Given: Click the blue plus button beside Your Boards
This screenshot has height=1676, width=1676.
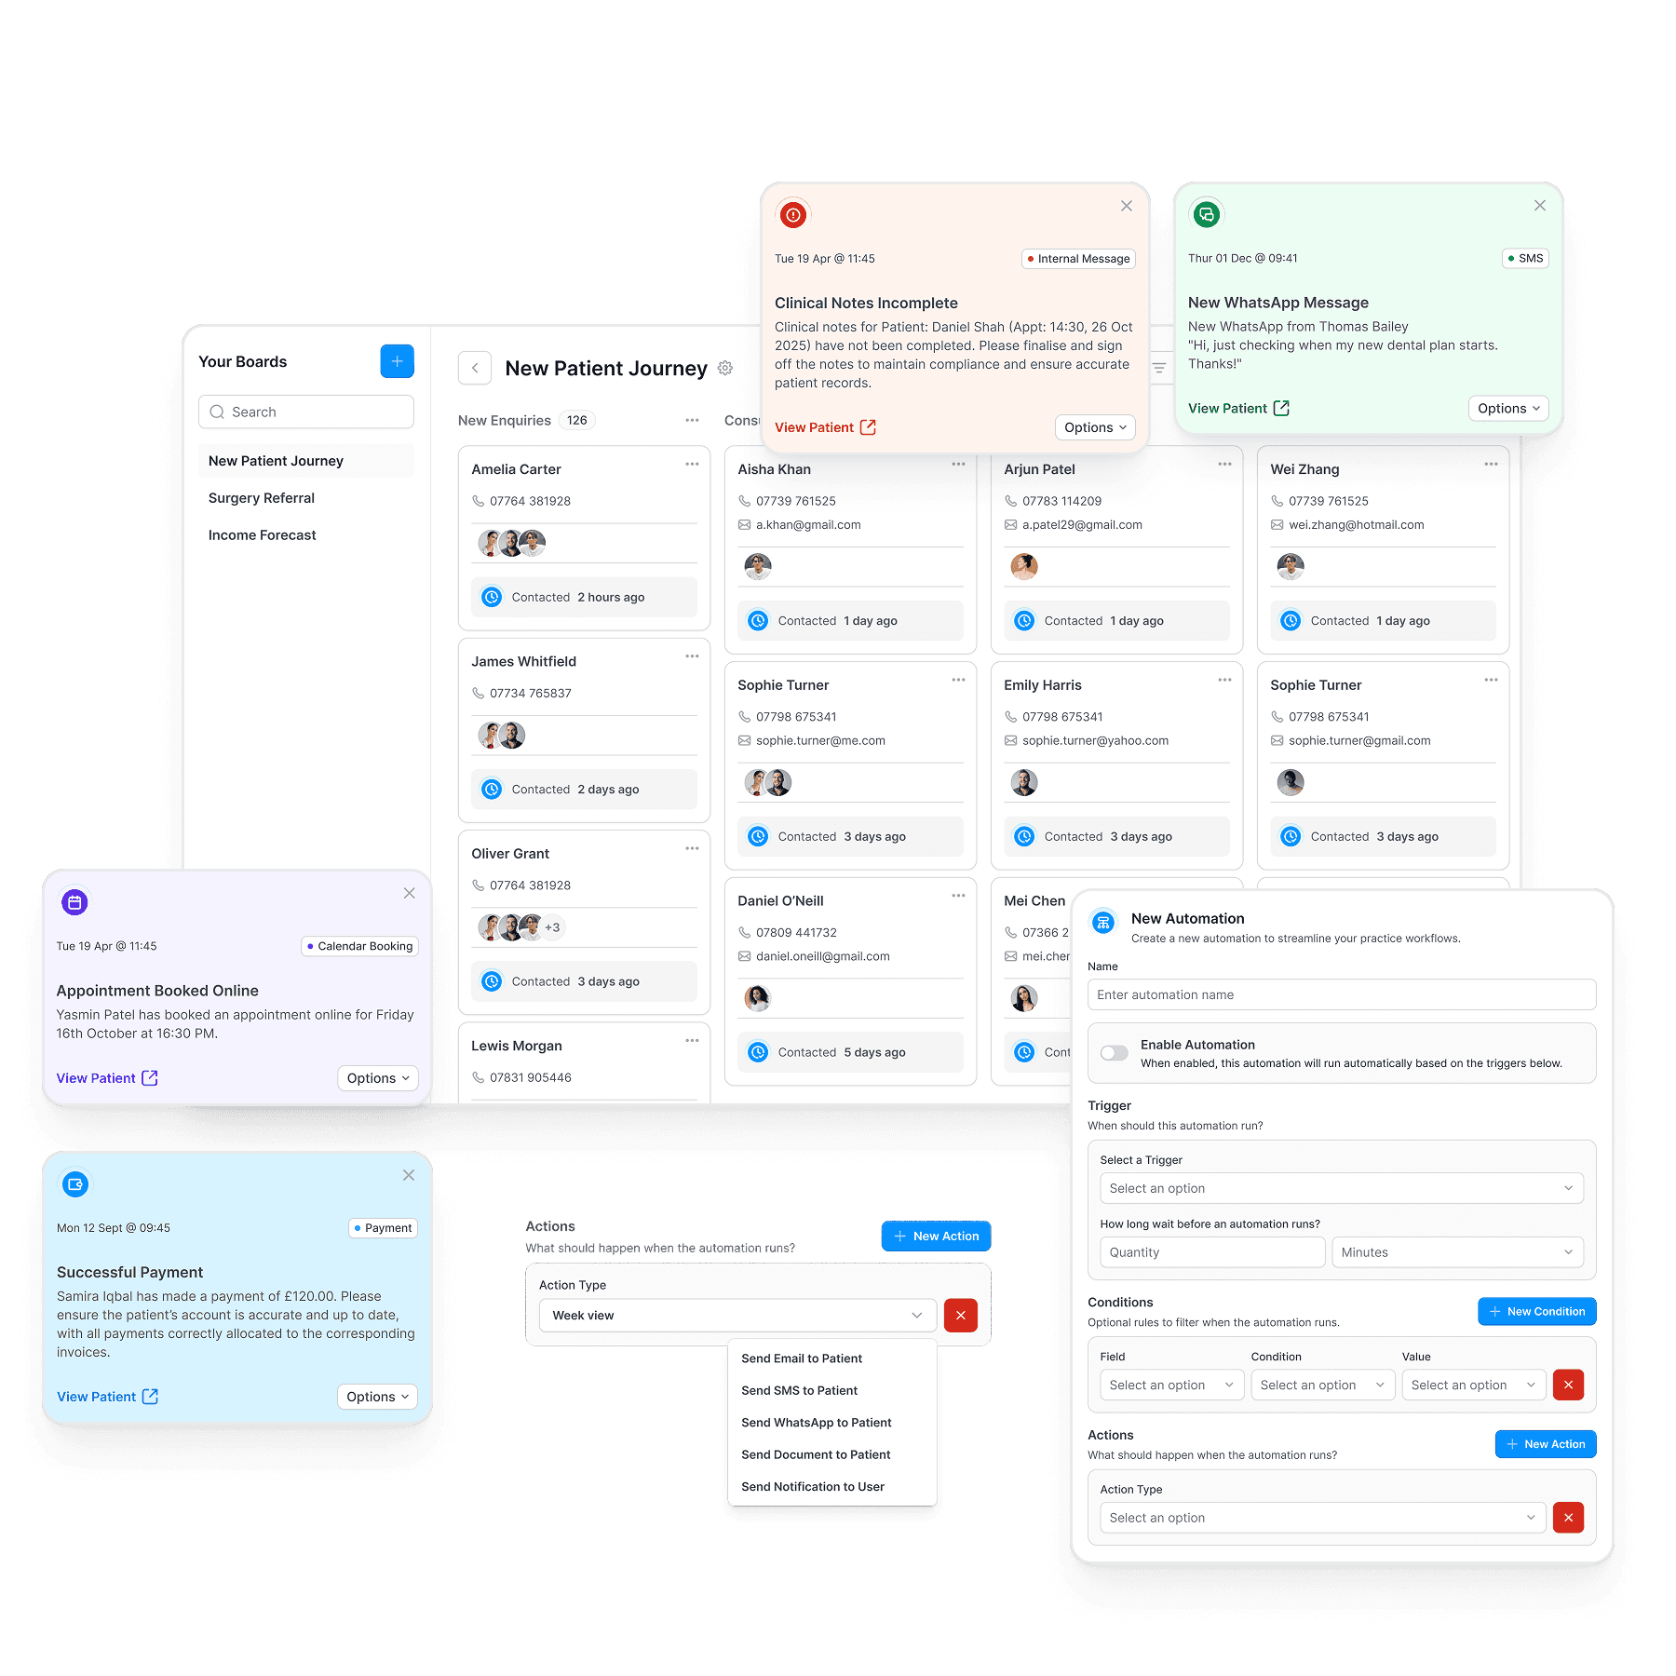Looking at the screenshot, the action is (x=397, y=361).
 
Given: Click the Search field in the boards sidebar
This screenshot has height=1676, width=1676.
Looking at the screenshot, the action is (x=306, y=412).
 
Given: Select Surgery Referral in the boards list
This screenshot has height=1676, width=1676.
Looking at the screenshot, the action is (x=262, y=498).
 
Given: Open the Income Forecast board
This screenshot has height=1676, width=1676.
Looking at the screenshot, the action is (x=263, y=535).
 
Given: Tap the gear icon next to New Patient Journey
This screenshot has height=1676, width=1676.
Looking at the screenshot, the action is (x=725, y=369).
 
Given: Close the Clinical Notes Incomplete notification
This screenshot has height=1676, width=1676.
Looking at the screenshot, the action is (x=1127, y=206).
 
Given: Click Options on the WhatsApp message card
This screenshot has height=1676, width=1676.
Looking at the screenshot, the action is (x=1508, y=409).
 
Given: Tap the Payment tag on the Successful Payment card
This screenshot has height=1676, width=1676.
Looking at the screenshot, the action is (x=383, y=1228).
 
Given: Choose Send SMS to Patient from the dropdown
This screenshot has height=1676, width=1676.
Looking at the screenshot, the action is (x=799, y=1390).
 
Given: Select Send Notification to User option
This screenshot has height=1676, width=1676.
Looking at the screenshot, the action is (x=813, y=1487).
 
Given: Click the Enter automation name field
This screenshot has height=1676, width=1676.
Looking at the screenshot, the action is (x=1341, y=994).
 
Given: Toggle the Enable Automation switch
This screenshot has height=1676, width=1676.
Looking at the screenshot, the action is (x=1114, y=1053).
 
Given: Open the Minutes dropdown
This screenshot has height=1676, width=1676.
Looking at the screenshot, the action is (x=1456, y=1252).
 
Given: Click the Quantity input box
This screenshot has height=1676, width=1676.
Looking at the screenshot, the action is (x=1211, y=1252).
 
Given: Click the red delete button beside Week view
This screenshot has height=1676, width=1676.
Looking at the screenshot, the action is (x=960, y=1316).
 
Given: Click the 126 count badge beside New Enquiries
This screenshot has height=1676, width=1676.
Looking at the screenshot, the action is (x=577, y=421).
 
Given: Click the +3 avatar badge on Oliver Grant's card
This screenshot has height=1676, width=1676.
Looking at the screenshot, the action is (x=552, y=927).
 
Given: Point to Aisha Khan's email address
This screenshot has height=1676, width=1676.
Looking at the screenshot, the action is (x=807, y=525).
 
